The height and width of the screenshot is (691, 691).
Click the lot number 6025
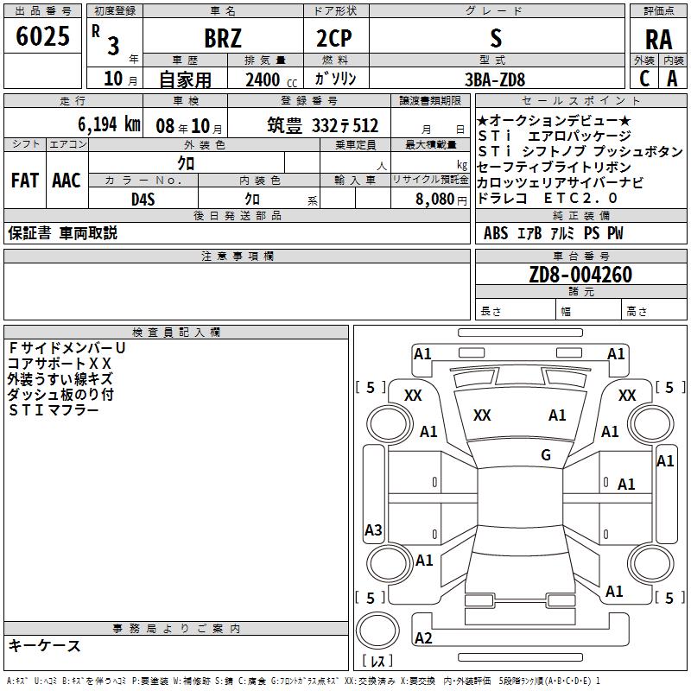click(x=43, y=37)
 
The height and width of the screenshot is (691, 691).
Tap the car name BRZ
click(x=223, y=39)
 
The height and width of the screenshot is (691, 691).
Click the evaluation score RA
click(x=658, y=40)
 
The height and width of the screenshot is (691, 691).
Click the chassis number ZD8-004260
click(x=580, y=276)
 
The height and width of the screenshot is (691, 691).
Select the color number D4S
click(x=143, y=199)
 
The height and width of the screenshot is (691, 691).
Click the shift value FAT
click(x=24, y=181)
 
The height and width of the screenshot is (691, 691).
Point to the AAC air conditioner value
click(x=67, y=181)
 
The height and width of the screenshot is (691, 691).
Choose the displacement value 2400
click(x=263, y=79)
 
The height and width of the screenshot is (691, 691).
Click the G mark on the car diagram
click(x=545, y=455)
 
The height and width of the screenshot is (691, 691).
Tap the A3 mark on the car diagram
click(x=373, y=529)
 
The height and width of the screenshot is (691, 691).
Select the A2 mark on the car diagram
click(x=423, y=637)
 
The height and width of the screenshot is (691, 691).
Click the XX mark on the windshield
click(x=482, y=415)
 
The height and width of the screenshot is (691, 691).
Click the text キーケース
click(x=44, y=645)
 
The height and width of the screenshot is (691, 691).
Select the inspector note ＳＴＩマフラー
click(x=53, y=409)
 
